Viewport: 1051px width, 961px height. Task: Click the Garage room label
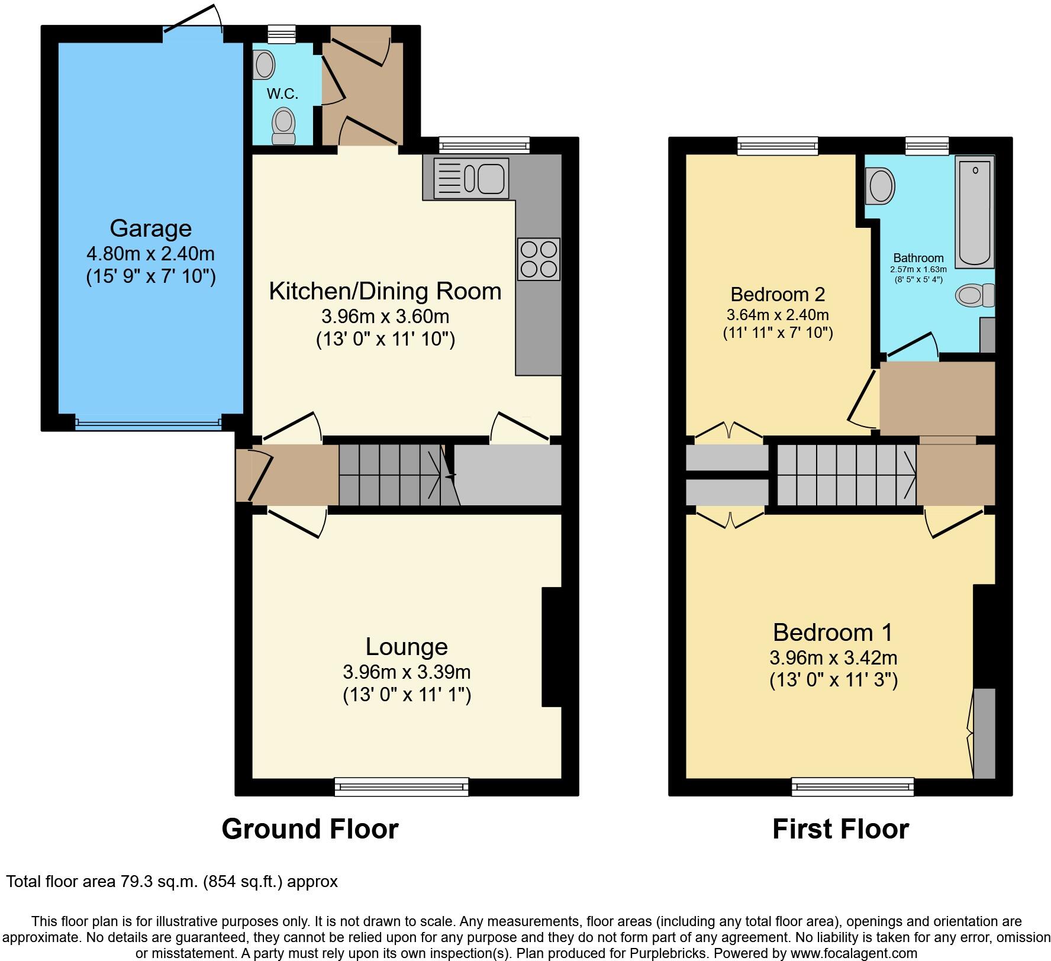(150, 228)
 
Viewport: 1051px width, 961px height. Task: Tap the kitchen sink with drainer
(471, 178)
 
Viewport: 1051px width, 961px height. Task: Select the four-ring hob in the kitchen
(539, 259)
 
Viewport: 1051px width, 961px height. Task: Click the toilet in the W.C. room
(283, 126)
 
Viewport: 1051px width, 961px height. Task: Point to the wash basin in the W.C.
(265, 65)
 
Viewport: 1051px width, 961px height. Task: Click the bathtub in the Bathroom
(974, 211)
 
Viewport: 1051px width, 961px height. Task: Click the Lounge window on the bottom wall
(401, 786)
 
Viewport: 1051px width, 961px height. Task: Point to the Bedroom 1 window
(852, 786)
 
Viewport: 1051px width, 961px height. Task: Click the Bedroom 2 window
(778, 145)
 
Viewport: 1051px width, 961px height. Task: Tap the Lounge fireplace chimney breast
(552, 646)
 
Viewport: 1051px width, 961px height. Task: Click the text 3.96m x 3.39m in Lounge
(407, 672)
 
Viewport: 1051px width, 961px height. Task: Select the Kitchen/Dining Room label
(385, 291)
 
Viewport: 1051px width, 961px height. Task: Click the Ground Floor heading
(310, 829)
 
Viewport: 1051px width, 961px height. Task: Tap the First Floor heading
(840, 829)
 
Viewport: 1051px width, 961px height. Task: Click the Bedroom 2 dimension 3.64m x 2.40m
(777, 315)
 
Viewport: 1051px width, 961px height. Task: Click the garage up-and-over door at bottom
(148, 423)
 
